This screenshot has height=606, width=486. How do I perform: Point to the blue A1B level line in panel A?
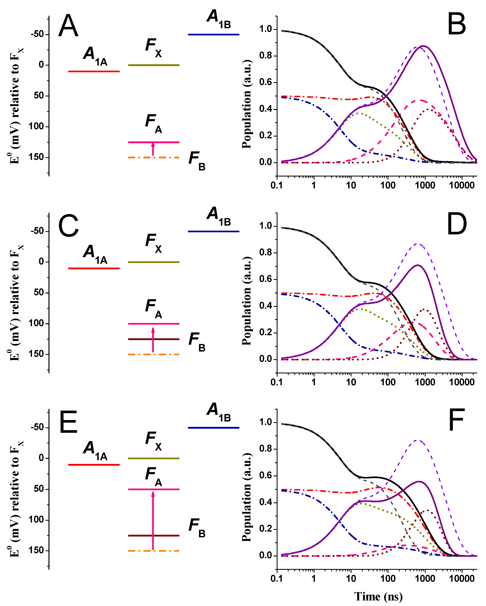214,35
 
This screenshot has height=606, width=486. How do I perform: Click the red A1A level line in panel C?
94,268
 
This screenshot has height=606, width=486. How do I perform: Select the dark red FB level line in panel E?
154,536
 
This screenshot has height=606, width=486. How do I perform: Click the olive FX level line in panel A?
154,65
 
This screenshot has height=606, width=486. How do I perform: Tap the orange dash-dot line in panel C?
154,354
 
